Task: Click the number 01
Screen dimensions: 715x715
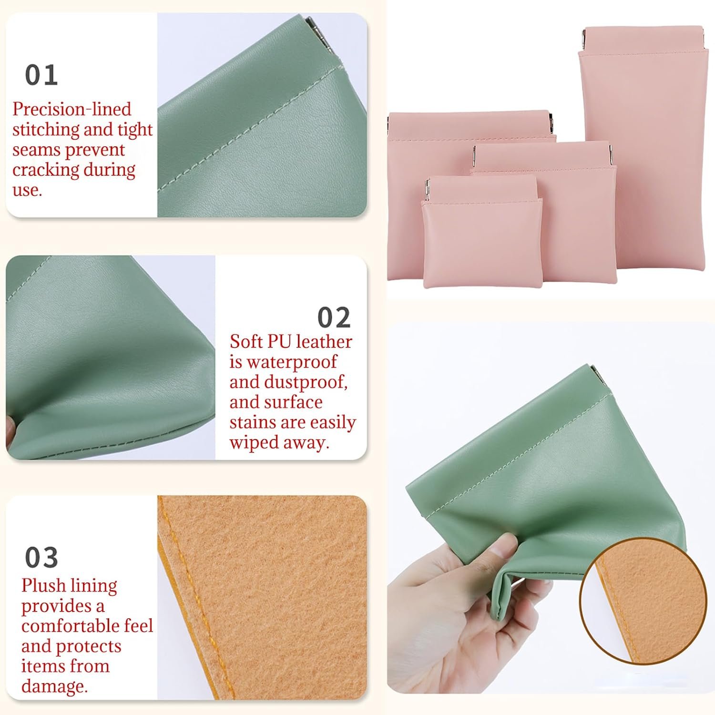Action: tap(41, 75)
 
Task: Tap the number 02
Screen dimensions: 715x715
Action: tap(334, 317)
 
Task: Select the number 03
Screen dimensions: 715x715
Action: tap(41, 557)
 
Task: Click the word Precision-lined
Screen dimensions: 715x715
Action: tap(71, 109)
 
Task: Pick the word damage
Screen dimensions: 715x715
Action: tap(54, 686)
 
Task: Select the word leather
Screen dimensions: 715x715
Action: tap(324, 342)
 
